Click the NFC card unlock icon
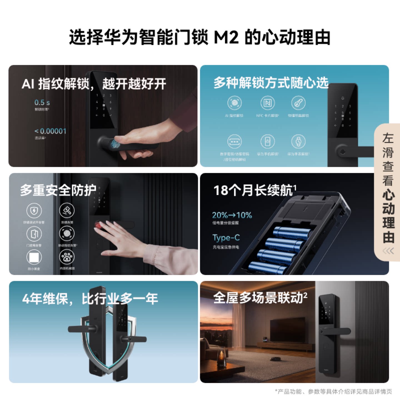click(x=267, y=103)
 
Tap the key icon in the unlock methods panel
click(x=298, y=103)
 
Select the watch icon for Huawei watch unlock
click(x=298, y=141)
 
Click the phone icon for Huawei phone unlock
click(x=267, y=141)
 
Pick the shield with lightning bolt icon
click(x=34, y=211)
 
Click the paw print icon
click(x=67, y=257)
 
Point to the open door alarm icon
click(x=34, y=234)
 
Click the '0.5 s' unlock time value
click(x=42, y=102)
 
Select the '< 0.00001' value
click(x=51, y=131)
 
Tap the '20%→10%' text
click(x=232, y=215)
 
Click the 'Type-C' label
click(x=226, y=238)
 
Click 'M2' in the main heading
click(x=226, y=37)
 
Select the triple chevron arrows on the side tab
click(x=388, y=251)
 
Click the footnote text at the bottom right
click(x=333, y=391)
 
